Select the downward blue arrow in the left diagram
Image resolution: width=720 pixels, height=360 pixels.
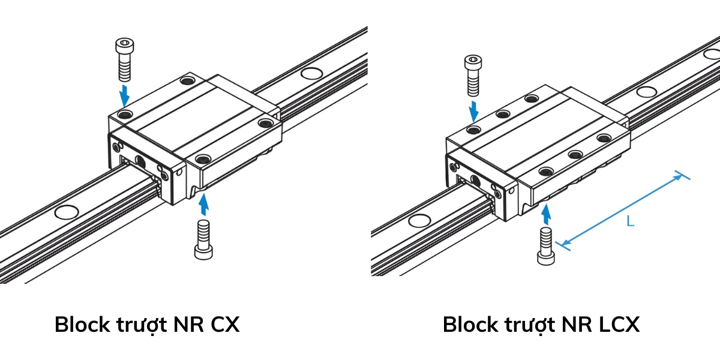click(124, 94)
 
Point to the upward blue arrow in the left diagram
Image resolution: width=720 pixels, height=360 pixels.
click(205, 203)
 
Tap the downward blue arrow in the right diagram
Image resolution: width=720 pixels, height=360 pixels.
click(474, 110)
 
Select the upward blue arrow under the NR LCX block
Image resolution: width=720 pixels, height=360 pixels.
click(546, 213)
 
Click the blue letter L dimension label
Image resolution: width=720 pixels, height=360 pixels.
click(630, 222)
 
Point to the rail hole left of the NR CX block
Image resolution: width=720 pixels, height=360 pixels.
click(66, 211)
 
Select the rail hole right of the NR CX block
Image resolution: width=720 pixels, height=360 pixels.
click(310, 74)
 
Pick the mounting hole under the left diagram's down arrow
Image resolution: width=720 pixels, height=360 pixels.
click(124, 113)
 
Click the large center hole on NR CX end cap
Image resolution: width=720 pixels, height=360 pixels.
click(140, 161)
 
